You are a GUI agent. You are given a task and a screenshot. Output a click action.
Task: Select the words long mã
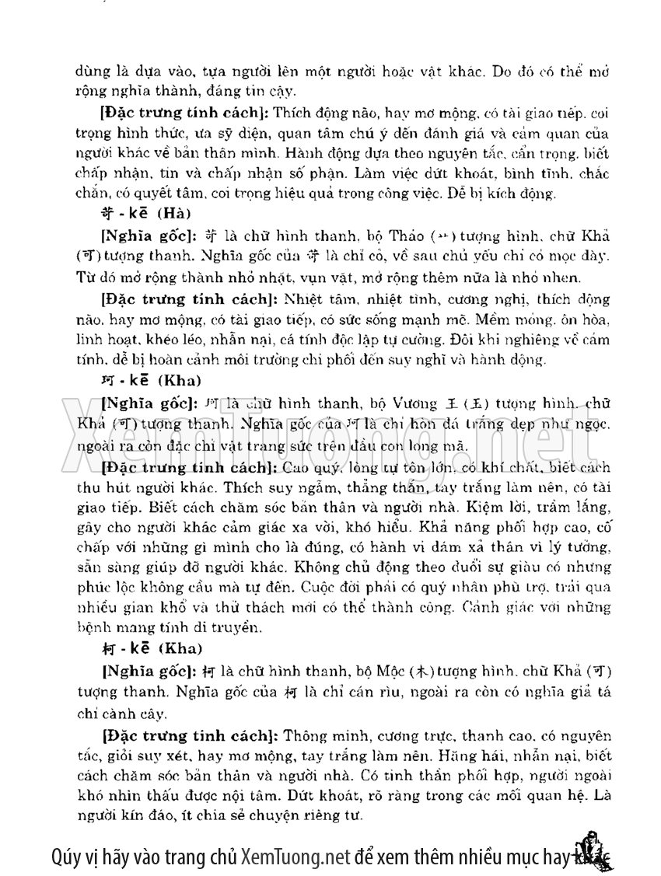coord(444,445)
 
